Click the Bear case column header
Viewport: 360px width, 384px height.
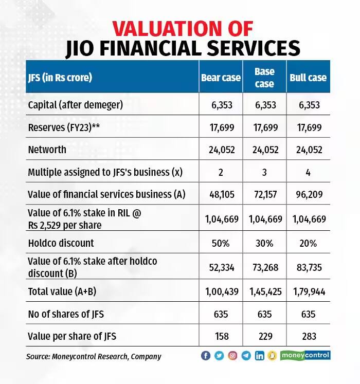pyautogui.click(x=221, y=78)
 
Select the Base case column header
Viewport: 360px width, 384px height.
pyautogui.click(x=264, y=77)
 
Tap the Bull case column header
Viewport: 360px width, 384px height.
pyautogui.click(x=308, y=78)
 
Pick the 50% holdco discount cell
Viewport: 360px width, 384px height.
pyautogui.click(x=221, y=242)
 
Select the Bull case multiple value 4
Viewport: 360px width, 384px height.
pyautogui.click(x=308, y=172)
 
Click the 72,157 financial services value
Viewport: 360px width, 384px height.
pyautogui.click(x=264, y=195)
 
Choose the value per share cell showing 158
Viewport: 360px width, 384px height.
pyautogui.click(x=221, y=337)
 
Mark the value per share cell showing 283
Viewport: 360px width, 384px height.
pyautogui.click(x=308, y=337)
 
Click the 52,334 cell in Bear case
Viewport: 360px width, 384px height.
pyautogui.click(x=221, y=267)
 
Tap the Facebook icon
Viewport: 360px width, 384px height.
pyautogui.click(x=206, y=356)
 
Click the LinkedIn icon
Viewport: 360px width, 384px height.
pyautogui.click(x=259, y=356)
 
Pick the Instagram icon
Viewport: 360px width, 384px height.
pyautogui.click(x=232, y=356)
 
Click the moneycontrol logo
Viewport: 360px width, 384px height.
pyautogui.click(x=305, y=355)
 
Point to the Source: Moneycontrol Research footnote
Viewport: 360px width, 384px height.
pyautogui.click(x=94, y=356)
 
